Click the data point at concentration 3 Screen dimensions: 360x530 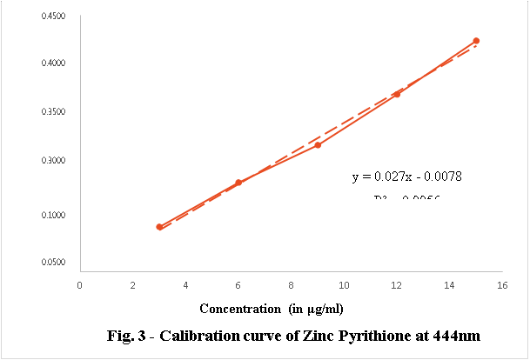[159, 227]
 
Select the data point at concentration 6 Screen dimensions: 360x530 [238, 183]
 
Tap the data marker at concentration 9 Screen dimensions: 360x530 [318, 144]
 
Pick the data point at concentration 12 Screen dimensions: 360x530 [397, 94]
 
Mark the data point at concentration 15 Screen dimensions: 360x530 [476, 41]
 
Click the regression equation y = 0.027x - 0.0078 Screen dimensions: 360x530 [406, 177]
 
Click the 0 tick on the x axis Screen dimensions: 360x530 [80, 284]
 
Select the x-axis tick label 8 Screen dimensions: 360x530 [292, 284]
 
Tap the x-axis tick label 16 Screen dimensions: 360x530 [502, 284]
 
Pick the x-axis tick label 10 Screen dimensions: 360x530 [344, 284]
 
